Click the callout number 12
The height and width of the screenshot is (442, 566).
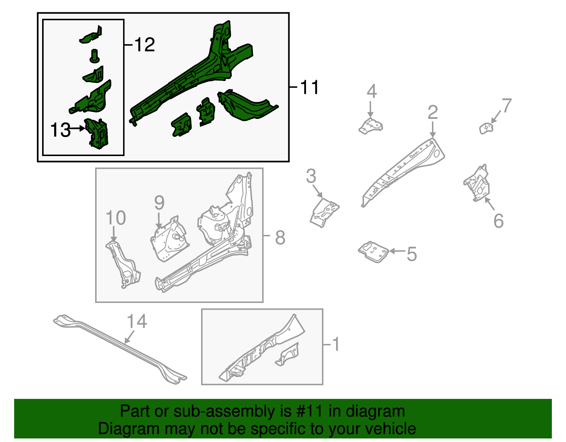145,45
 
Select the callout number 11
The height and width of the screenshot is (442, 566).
310,87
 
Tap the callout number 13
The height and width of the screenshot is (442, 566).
60,130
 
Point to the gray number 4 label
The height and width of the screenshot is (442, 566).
371,92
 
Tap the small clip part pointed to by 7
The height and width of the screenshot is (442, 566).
486,128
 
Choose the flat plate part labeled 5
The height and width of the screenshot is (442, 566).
373,252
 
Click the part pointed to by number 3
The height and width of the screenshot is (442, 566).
324,212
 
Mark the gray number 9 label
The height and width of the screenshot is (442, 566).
159,203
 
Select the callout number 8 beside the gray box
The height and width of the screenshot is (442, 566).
280,237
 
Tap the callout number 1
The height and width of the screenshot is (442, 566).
336,344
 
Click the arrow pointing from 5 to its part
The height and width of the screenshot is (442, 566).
397,251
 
